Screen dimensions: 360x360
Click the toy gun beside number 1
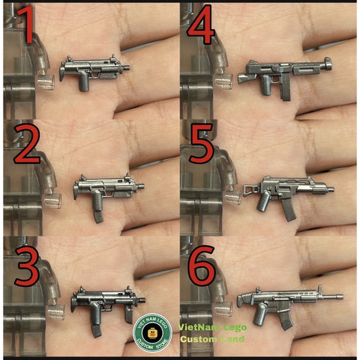pos(91,70)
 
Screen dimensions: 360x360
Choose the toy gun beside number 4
pos(284,71)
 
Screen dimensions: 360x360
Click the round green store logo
pos(153,332)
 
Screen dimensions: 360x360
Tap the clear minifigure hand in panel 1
pos(46,83)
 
